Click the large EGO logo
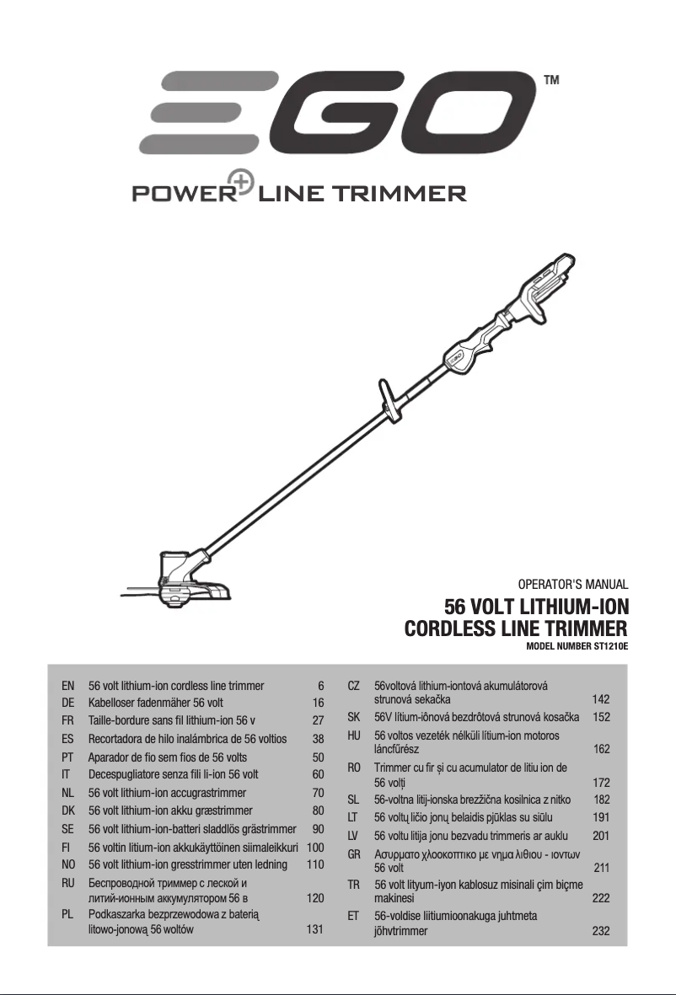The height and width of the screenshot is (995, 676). point(335,113)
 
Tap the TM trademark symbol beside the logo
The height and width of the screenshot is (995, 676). point(551,80)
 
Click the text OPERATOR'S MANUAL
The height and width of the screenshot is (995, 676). point(572,584)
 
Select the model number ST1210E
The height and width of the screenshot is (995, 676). point(610,647)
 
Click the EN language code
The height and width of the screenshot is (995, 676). point(68,685)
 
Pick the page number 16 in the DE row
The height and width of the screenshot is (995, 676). point(318,703)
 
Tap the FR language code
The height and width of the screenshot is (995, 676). point(68,720)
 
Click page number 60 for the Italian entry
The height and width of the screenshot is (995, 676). point(318,775)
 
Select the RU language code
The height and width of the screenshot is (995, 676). point(68,883)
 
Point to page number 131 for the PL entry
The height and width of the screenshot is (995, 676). point(315,929)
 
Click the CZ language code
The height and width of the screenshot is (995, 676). point(353,685)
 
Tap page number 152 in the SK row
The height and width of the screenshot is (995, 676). point(601,717)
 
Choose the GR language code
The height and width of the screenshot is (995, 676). point(353,854)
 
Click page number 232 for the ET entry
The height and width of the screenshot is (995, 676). point(601,931)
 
